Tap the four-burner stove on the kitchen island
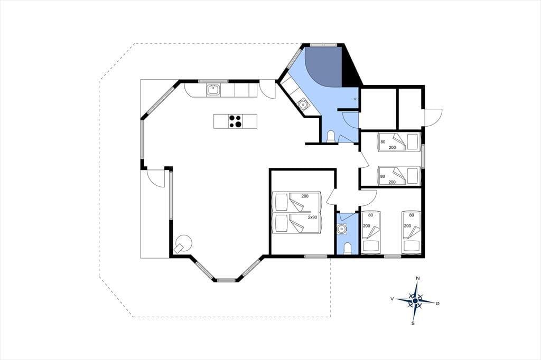pyautogui.click(x=235, y=121)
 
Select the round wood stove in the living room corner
pyautogui.click(x=182, y=244)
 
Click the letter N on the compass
pyautogui.click(x=418, y=278)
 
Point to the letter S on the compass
pyautogui.click(x=413, y=323)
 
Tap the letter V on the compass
pyautogui.click(x=392, y=299)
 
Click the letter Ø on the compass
pyautogui.click(x=437, y=303)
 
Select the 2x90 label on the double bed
pyautogui.click(x=312, y=217)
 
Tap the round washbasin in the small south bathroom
pyautogui.click(x=342, y=229)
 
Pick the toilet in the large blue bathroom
pyautogui.click(x=331, y=136)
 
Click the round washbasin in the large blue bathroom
pyautogui.click(x=303, y=103)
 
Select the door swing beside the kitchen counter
pyautogui.click(x=267, y=89)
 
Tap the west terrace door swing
pyautogui.click(x=156, y=178)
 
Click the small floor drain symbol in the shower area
pyautogui.click(x=355, y=99)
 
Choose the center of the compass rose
pyautogui.click(x=415, y=301)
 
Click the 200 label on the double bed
pyautogui.click(x=305, y=196)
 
